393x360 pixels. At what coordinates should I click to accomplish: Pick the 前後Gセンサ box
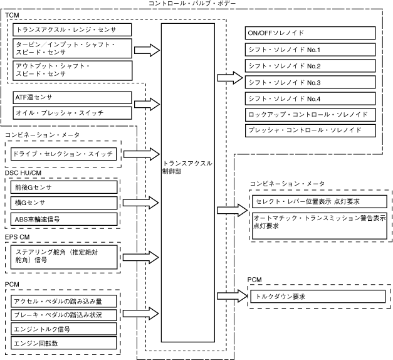tap(64, 187)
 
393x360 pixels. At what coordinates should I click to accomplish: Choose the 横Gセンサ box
tap(64, 203)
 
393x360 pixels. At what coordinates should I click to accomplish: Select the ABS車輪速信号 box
tap(64, 219)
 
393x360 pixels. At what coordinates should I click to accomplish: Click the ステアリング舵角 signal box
tap(64, 257)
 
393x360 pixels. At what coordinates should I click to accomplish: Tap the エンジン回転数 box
tap(64, 344)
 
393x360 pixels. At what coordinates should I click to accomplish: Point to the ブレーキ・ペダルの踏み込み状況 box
tap(64, 314)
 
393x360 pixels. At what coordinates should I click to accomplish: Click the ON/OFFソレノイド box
tap(311, 34)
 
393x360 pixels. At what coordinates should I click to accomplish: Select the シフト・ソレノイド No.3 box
tap(311, 82)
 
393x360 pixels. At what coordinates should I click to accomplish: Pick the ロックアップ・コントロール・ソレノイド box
tap(311, 115)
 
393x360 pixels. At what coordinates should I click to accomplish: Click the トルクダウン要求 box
tap(316, 296)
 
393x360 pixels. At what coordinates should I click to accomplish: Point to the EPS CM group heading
tap(18, 237)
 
